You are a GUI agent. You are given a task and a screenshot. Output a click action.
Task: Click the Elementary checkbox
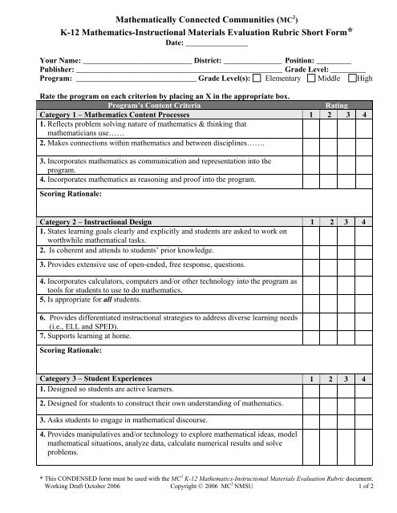tap(256, 79)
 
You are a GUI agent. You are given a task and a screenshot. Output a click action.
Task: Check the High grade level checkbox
tap(354, 79)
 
